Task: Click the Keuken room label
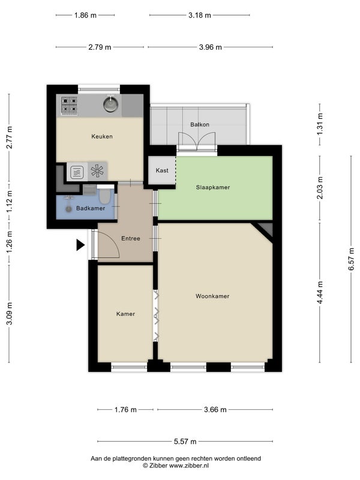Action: click(x=102, y=137)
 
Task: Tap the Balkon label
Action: click(x=200, y=125)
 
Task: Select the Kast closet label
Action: click(x=162, y=170)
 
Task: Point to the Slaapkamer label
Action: click(x=213, y=187)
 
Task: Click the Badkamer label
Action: click(x=91, y=208)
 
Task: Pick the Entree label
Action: click(x=131, y=238)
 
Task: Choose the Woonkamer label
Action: click(x=212, y=296)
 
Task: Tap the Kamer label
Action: click(x=125, y=314)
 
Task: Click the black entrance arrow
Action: click(x=80, y=245)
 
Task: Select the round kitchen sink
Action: click(x=110, y=104)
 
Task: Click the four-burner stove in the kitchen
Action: click(x=69, y=105)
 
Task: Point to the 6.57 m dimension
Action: click(x=351, y=259)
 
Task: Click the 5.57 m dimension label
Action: click(x=185, y=442)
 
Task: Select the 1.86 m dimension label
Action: click(x=85, y=15)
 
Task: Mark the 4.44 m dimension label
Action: click(x=320, y=293)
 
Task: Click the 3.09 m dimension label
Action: click(x=9, y=313)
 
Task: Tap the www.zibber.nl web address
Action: click(x=189, y=466)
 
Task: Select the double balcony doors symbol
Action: click(x=197, y=142)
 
